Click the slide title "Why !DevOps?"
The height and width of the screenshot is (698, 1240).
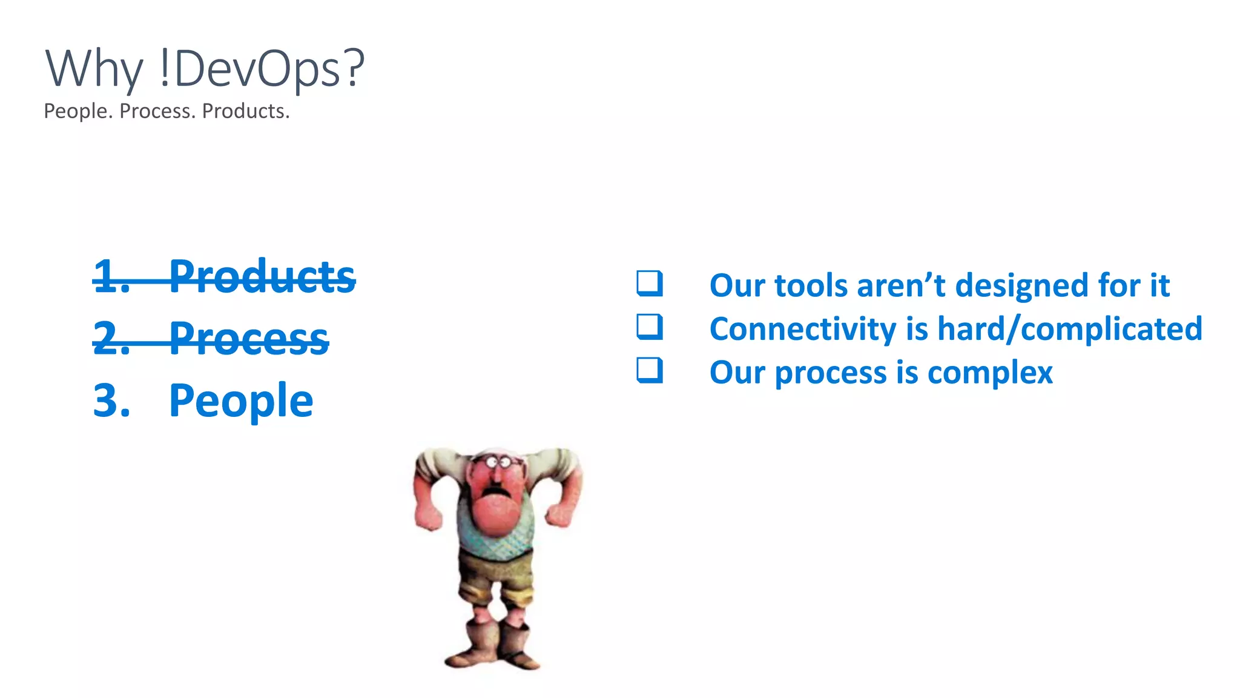205,69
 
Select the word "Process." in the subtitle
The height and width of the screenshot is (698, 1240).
157,111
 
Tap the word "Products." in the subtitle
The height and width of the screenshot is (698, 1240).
246,111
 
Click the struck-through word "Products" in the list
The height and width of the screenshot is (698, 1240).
262,277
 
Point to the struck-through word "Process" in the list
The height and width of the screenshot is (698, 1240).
249,339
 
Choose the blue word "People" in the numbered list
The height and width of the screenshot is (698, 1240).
241,401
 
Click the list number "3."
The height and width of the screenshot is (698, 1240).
111,401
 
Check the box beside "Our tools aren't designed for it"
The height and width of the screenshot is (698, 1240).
650,284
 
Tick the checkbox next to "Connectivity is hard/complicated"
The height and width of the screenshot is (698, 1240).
650,327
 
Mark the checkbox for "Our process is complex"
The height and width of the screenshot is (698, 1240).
650,370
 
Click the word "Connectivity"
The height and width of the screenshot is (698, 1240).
803,329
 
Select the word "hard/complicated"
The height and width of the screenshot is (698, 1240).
1069,329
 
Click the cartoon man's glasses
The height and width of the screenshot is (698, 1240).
500,463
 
